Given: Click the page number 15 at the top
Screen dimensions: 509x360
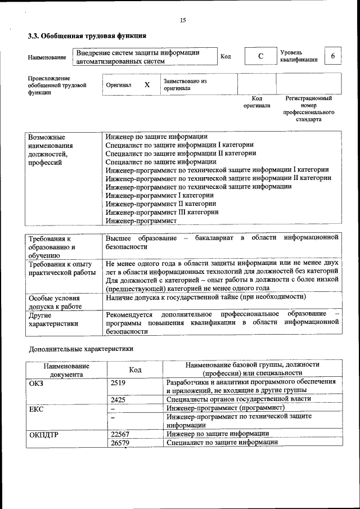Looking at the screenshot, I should (183, 20).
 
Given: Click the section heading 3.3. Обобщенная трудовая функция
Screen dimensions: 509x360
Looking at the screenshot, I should (83, 37).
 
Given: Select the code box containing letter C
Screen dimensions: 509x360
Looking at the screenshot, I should (260, 57).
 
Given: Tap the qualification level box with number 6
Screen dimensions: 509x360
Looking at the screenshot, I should (332, 57).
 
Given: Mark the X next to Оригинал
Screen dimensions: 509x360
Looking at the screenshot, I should (147, 85).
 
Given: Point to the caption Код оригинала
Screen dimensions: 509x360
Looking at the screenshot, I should (256, 102).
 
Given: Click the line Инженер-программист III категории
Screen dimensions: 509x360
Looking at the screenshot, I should (162, 212).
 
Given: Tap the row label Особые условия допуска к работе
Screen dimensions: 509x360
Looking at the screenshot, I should (55, 302).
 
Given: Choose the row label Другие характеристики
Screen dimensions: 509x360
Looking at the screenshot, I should (53, 319).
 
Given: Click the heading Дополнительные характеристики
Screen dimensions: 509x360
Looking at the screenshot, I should (81, 349).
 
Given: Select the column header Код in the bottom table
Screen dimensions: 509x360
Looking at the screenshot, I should (135, 370).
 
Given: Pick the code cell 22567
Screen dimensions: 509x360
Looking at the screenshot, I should (120, 434).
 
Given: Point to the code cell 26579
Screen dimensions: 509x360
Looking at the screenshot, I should (120, 443).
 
